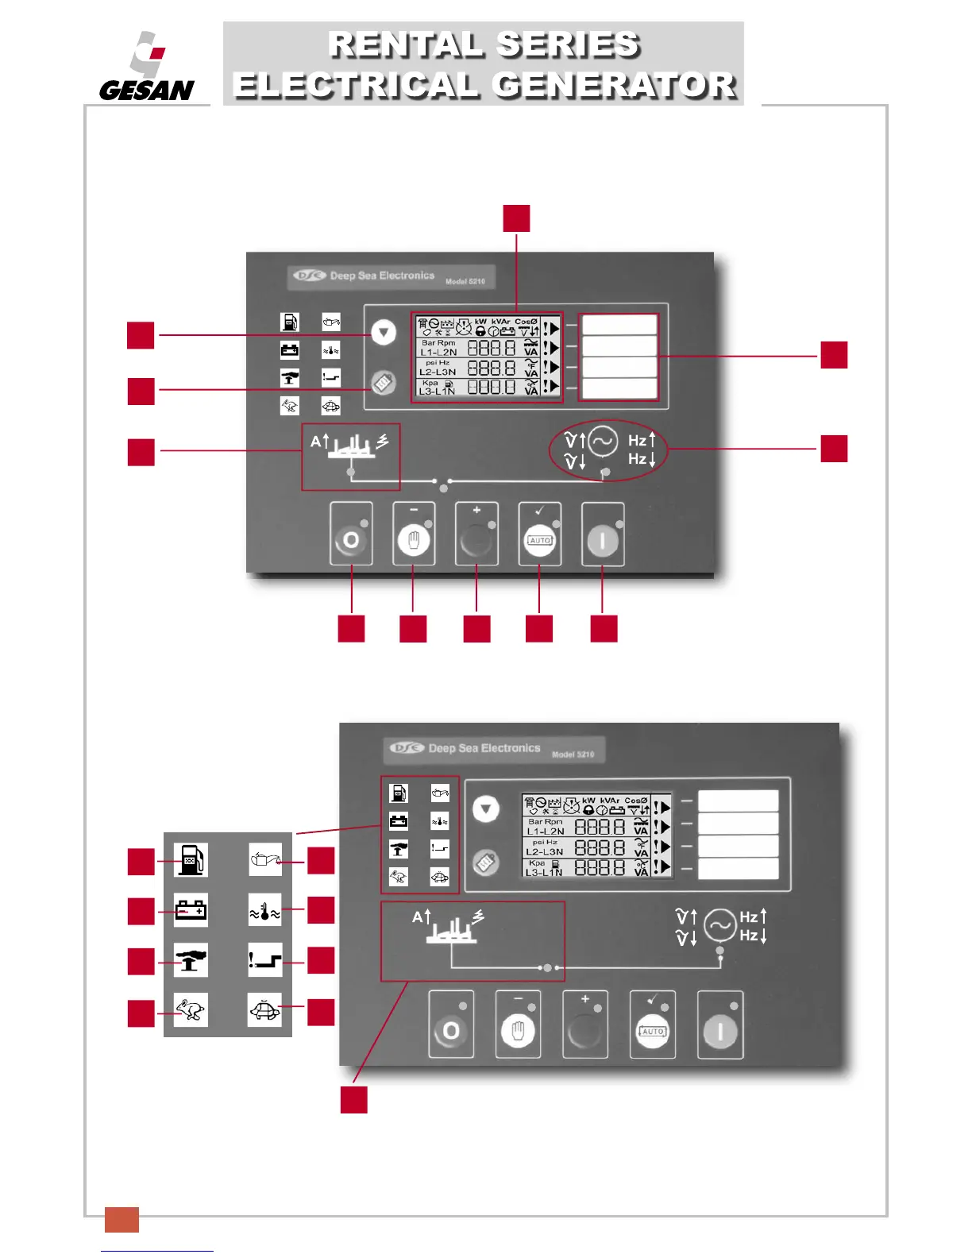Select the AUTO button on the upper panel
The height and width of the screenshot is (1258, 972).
(x=540, y=541)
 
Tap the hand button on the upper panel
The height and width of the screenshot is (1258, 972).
(x=413, y=541)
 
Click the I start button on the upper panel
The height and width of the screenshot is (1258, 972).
(x=603, y=541)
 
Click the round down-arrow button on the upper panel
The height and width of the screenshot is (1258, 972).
(x=384, y=332)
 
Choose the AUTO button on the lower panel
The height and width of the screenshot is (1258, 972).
(x=652, y=1031)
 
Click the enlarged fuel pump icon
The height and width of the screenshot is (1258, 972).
(x=191, y=860)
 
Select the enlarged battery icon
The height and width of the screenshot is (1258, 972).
(x=191, y=909)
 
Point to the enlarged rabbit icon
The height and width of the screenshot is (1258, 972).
(x=191, y=1010)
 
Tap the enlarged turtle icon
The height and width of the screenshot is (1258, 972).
(x=264, y=1010)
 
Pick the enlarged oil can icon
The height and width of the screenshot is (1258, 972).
(x=264, y=860)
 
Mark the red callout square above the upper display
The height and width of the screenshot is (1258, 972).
(x=516, y=218)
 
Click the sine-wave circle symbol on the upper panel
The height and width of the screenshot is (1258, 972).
(x=603, y=442)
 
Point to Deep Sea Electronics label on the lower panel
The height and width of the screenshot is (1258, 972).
(x=484, y=748)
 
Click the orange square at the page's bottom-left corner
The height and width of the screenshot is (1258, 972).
(x=121, y=1219)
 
